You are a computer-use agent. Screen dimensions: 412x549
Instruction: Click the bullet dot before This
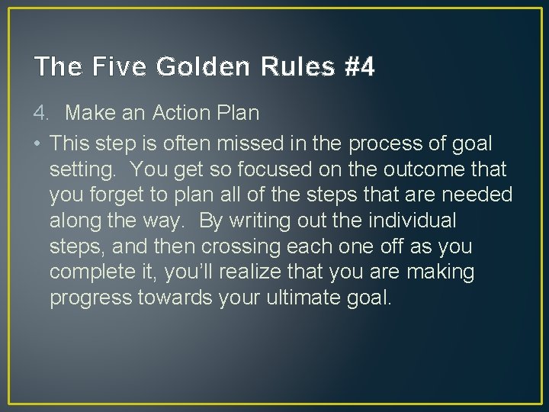(x=37, y=143)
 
